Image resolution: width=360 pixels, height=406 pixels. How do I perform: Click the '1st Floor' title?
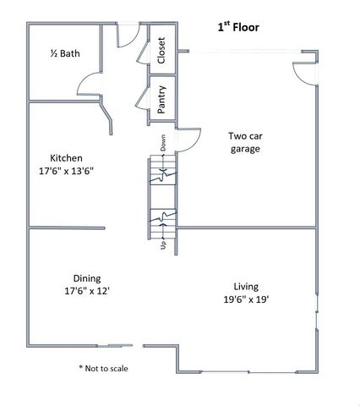coord(238,27)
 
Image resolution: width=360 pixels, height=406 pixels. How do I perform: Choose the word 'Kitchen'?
coord(66,158)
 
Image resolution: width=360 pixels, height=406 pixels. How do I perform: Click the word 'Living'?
coord(246,286)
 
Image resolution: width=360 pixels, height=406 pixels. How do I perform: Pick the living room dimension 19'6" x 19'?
coord(246,299)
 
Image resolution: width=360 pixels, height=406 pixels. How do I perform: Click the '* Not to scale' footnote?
coord(104,368)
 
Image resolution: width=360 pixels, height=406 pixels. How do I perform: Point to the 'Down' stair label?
coord(162,143)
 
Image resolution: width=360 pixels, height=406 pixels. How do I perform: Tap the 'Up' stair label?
coord(162,245)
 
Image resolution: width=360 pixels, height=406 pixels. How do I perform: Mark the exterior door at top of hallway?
coord(124,35)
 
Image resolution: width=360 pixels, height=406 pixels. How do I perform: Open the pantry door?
coord(141,96)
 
